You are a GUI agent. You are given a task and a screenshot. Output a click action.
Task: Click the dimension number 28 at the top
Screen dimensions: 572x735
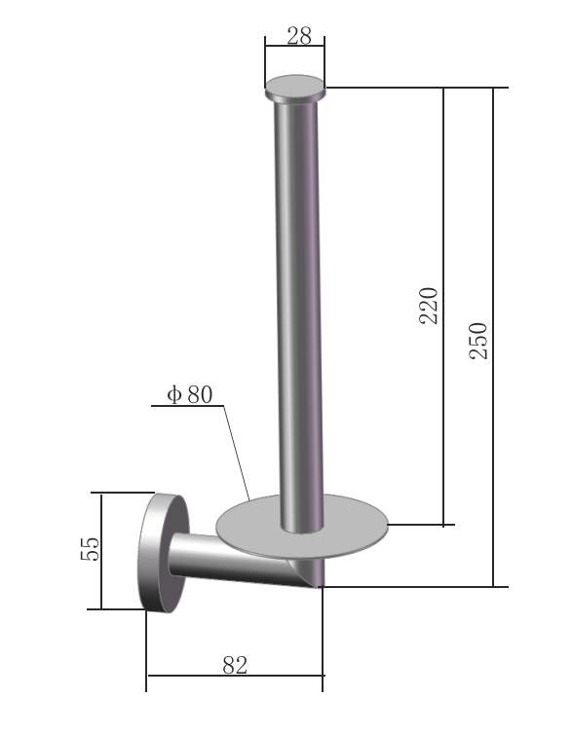tap(299, 36)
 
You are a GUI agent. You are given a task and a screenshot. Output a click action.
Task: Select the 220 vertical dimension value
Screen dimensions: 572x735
tap(429, 306)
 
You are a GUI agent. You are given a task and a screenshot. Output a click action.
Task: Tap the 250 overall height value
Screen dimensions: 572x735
tap(478, 341)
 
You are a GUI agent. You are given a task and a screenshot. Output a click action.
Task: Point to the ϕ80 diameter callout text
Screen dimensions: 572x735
tap(190, 394)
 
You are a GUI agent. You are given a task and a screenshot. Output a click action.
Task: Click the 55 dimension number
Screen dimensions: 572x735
tap(90, 548)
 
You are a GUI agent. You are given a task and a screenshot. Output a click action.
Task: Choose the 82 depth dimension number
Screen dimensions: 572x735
tap(235, 665)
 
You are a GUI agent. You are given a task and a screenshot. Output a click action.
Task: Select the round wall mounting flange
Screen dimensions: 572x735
tap(164, 553)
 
